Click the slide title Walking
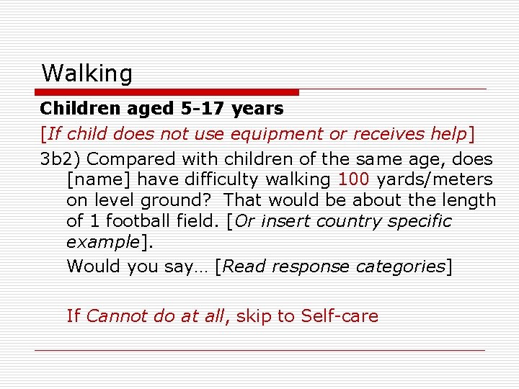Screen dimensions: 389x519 87,73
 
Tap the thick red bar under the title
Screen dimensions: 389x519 167,92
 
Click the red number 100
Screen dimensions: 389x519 352,179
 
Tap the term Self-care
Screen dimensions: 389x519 340,316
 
